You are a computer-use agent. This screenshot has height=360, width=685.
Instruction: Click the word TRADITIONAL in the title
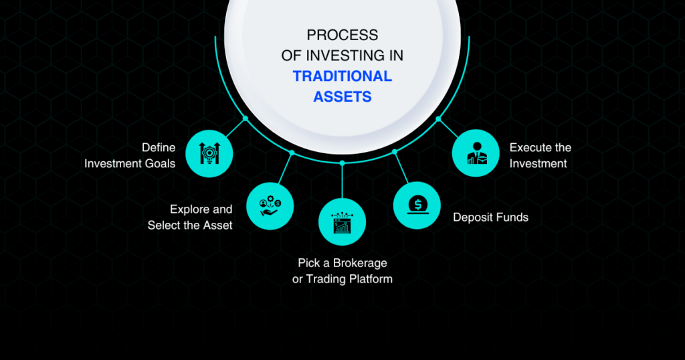click(x=342, y=76)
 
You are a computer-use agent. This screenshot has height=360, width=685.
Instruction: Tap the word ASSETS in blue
click(x=342, y=96)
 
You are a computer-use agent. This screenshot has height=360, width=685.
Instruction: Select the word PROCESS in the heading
click(x=342, y=35)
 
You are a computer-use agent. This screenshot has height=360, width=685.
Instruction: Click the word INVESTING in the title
click(x=340, y=56)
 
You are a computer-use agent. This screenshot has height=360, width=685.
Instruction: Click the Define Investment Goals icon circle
click(x=209, y=153)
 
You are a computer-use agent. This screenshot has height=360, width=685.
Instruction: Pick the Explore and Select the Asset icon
click(x=270, y=206)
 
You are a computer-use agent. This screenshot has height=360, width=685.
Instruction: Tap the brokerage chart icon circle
click(x=342, y=222)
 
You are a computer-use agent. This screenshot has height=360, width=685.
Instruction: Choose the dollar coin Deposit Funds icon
click(x=417, y=205)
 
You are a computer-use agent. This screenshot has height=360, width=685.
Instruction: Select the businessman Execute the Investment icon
click(x=476, y=153)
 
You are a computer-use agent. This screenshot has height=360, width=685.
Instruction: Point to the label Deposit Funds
click(x=490, y=217)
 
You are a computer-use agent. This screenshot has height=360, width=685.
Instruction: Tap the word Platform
click(x=371, y=279)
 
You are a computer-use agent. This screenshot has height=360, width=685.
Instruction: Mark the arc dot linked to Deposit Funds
click(x=395, y=152)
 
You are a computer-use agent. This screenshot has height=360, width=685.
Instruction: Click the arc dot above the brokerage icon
click(x=342, y=163)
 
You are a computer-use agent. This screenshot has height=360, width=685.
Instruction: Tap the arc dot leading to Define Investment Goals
click(x=246, y=118)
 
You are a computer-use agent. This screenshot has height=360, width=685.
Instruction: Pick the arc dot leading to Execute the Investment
click(x=438, y=118)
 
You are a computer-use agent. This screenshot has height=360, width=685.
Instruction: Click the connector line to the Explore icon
click(x=285, y=168)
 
